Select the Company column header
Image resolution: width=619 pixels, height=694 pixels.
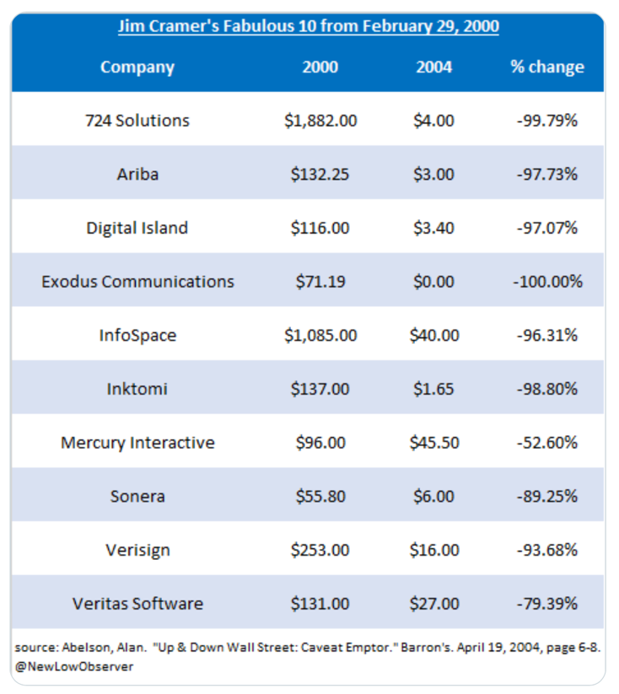click(137, 67)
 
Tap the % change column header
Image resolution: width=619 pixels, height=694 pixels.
click(546, 67)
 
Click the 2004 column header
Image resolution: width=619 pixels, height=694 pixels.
click(434, 67)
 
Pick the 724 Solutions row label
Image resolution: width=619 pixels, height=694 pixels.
click(137, 121)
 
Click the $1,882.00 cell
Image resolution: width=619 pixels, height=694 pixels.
click(320, 121)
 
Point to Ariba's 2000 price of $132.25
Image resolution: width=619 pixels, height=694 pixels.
click(320, 175)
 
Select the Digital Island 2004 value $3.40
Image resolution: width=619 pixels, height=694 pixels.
click(434, 228)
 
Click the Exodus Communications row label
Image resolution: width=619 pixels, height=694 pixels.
click(137, 282)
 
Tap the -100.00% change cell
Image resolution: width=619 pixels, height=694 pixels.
click(546, 282)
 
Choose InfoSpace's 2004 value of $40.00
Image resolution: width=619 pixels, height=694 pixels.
click(434, 335)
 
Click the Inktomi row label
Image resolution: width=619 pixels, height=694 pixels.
click(137, 389)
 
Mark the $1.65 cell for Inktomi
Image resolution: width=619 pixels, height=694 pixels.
click(434, 389)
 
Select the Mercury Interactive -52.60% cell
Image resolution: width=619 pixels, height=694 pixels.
click(546, 443)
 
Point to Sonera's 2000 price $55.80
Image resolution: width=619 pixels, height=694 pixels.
click(320, 496)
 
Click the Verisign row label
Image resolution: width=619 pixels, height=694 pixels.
click(137, 550)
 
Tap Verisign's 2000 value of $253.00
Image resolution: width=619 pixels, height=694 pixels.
click(320, 550)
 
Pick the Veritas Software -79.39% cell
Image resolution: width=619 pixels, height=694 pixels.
click(546, 604)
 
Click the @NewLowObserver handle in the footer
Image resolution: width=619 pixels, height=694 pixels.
click(74, 666)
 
